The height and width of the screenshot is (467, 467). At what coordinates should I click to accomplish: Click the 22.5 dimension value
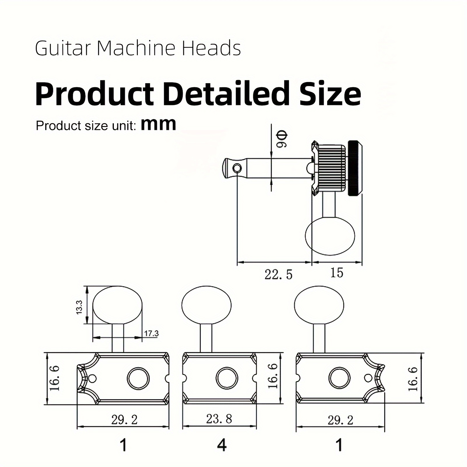pos(278,275)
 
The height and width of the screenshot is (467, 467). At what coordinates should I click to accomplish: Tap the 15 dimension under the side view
pos(337,273)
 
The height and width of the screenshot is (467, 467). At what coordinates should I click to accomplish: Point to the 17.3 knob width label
pos(151,333)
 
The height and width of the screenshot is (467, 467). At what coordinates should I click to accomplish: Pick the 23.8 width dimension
pos(219,419)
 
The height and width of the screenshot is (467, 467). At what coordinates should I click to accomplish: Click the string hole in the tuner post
pos(237,168)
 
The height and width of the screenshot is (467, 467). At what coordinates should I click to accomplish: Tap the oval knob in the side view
pos(330,236)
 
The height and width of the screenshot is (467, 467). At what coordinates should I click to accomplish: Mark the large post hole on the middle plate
pos(227,379)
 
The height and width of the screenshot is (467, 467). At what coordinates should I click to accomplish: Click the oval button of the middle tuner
pos(206,305)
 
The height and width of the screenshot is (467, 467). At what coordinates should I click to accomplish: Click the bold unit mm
pos(158,124)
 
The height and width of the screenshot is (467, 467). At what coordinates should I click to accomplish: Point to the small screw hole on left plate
pos(93,379)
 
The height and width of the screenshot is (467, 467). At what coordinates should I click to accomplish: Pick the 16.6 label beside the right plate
pos(413,379)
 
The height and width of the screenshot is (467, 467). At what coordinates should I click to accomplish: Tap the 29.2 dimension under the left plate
pos(124,420)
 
